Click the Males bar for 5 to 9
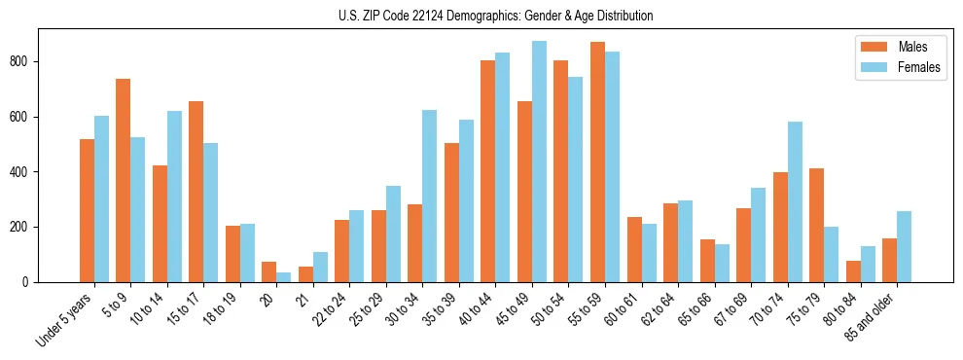click(x=124, y=180)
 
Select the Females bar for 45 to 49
click(x=539, y=162)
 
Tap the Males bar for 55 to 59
click(x=597, y=162)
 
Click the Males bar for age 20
click(x=269, y=271)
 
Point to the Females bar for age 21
click(x=320, y=267)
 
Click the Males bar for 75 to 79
click(x=816, y=225)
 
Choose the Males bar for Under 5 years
click(x=87, y=210)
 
